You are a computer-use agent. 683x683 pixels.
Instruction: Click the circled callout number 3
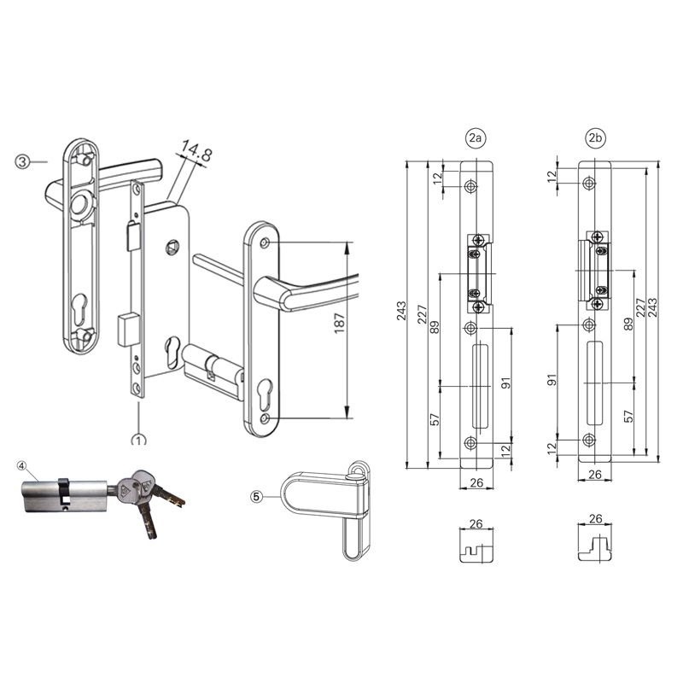(x=23, y=161)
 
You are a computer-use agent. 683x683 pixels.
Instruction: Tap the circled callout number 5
(x=258, y=494)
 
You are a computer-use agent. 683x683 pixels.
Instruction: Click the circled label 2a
(x=476, y=137)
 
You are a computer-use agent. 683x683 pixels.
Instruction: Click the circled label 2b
(x=595, y=137)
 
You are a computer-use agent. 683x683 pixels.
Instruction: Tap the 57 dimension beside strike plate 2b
(x=628, y=416)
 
